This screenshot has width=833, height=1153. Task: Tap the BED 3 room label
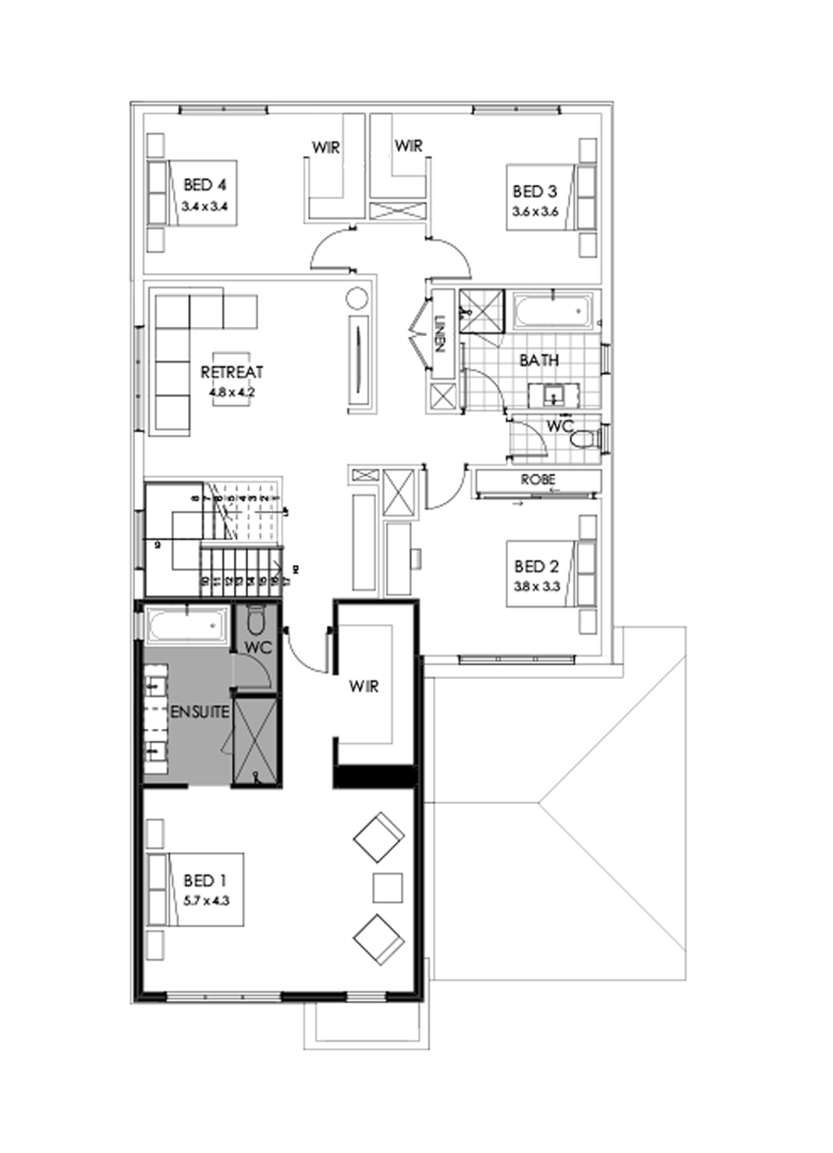coord(535,192)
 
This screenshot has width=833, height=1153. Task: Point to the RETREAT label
coord(232,372)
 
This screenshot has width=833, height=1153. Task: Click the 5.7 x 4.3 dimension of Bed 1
coord(205,896)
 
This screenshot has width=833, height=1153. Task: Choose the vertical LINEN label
coord(441,334)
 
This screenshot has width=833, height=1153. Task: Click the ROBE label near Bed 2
coord(537,481)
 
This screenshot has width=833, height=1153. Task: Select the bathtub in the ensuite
coord(188,625)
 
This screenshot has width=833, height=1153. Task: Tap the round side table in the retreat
coord(358,299)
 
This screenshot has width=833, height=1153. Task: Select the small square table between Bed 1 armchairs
coord(388,886)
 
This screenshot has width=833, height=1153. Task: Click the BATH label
coord(538,360)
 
